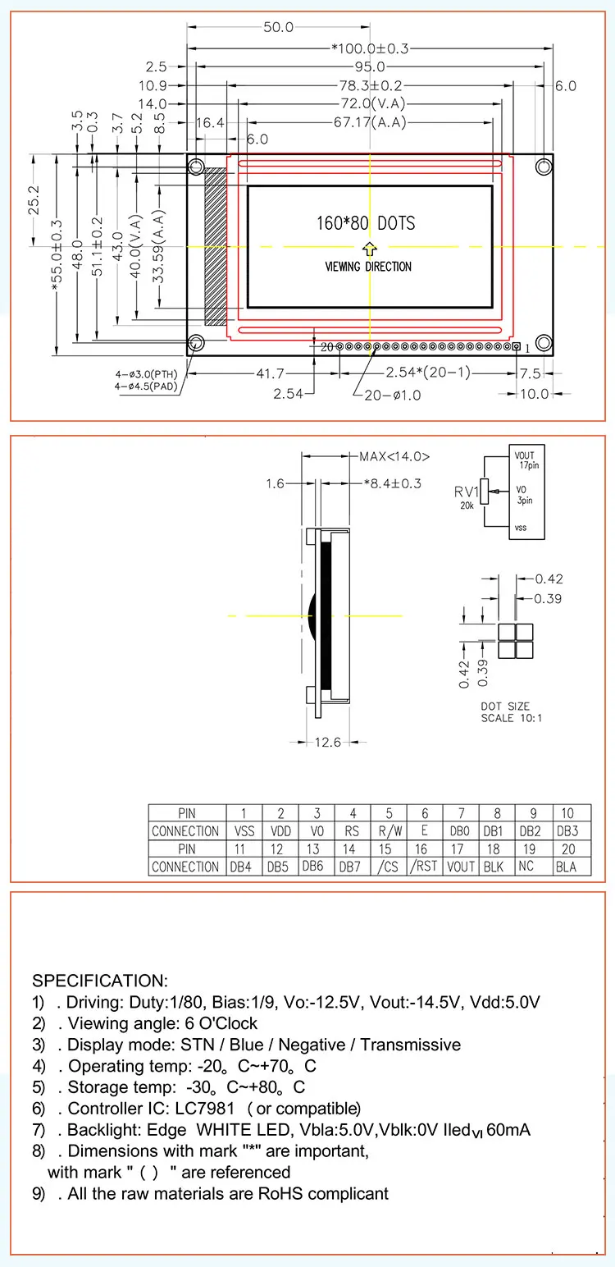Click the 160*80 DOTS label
(366, 223)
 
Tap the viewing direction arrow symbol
(369, 248)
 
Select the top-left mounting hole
(196, 167)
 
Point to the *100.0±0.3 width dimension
(370, 48)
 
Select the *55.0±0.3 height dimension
(56, 255)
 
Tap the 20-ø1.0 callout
(393, 394)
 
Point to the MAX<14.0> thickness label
(394, 457)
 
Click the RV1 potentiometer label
(467, 492)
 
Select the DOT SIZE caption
(505, 706)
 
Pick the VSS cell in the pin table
(244, 831)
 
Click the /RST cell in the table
(424, 867)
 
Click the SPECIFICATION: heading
(99, 981)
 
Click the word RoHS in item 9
(280, 1193)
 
